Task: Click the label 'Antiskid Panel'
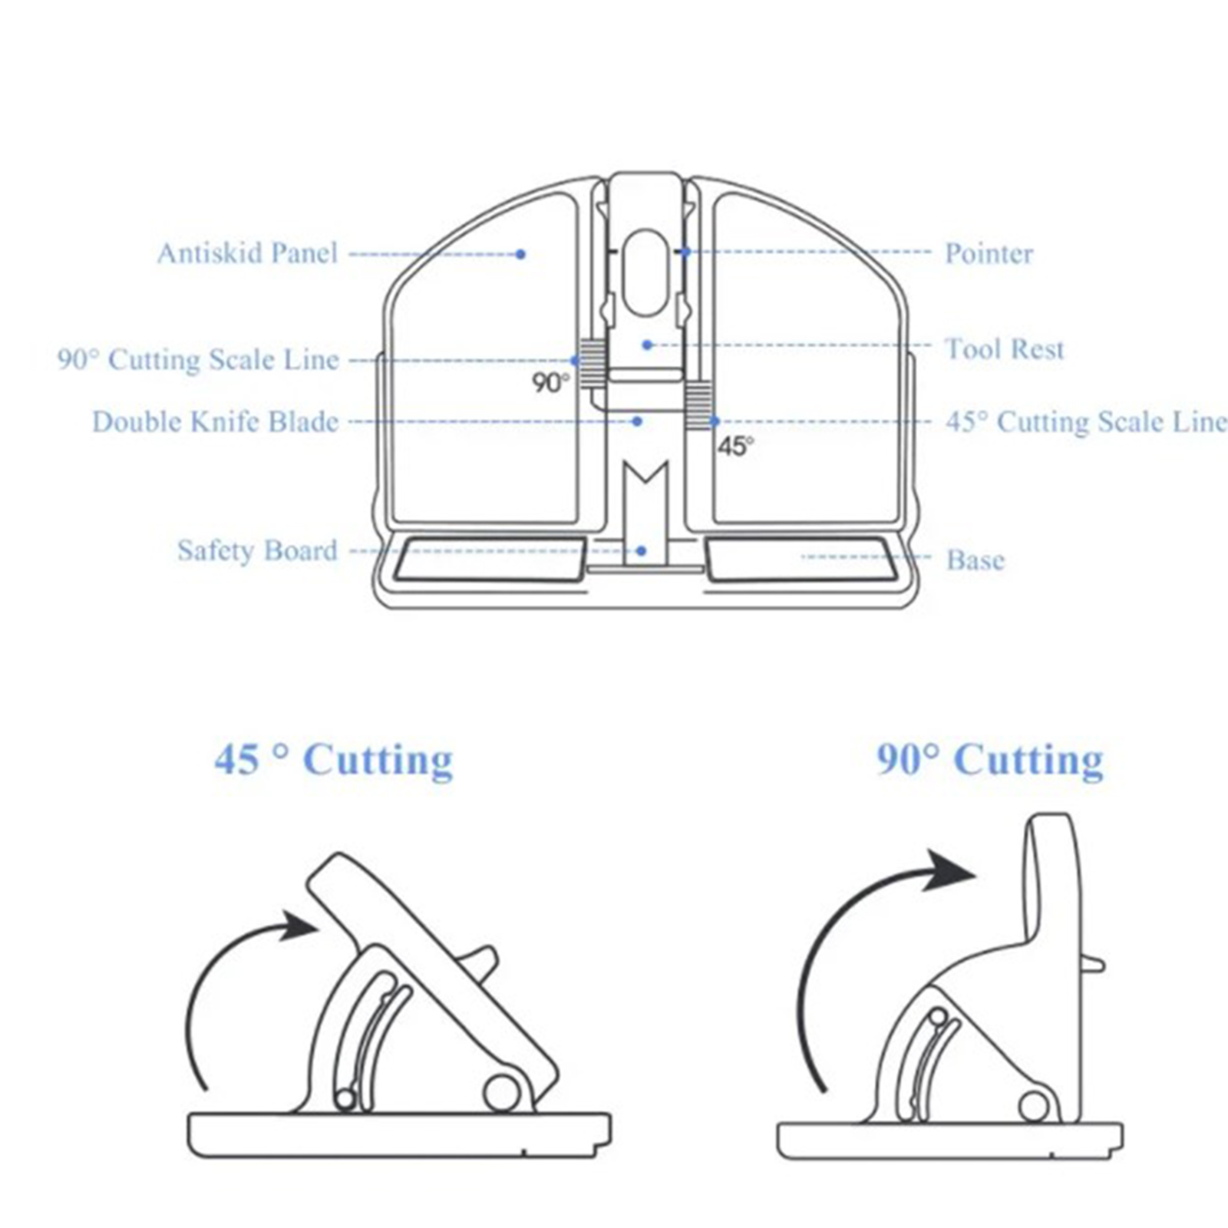coord(247,253)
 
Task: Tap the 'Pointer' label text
coord(989,254)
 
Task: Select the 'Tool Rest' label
coord(1004,350)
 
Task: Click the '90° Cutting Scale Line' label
coord(198,360)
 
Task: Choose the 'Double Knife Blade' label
coord(215,422)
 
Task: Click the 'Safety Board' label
coord(257,551)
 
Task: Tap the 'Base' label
coord(975,560)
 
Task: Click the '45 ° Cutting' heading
coord(334,761)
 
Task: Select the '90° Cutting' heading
coord(990,761)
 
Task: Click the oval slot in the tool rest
coord(645,272)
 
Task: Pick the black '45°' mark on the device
coord(735,446)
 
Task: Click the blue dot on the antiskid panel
coord(520,254)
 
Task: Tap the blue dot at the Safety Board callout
coord(642,551)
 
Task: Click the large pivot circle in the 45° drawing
coord(500,1092)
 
